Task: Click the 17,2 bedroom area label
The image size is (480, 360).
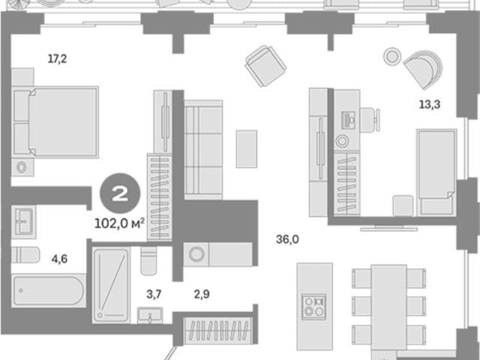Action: tap(57, 58)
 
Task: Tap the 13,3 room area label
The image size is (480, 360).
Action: tap(430, 104)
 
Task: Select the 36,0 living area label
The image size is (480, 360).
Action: tap(287, 239)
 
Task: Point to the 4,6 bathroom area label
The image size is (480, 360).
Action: tap(59, 259)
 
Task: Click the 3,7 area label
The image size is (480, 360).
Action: tap(154, 294)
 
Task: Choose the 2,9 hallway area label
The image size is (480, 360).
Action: tap(202, 294)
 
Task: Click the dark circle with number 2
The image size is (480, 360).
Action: tap(120, 193)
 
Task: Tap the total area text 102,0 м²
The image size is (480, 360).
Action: tap(119, 223)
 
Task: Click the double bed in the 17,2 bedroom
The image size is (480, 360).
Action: tap(55, 122)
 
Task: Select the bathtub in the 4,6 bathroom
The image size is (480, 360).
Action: tap(48, 290)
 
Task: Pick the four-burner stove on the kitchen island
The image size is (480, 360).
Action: tap(313, 307)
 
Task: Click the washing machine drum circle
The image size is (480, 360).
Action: tap(196, 254)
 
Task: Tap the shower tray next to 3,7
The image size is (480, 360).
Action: tap(111, 285)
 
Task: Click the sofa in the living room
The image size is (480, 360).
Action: tap(203, 150)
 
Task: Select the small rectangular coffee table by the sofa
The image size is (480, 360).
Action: tap(247, 148)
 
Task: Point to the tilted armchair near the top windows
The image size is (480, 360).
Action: tap(265, 66)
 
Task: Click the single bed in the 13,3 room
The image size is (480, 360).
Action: tap(436, 172)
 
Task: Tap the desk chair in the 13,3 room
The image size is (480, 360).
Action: tap(370, 120)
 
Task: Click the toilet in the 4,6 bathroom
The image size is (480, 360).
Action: tap(25, 255)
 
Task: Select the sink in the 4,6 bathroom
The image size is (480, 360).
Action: tap(23, 222)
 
